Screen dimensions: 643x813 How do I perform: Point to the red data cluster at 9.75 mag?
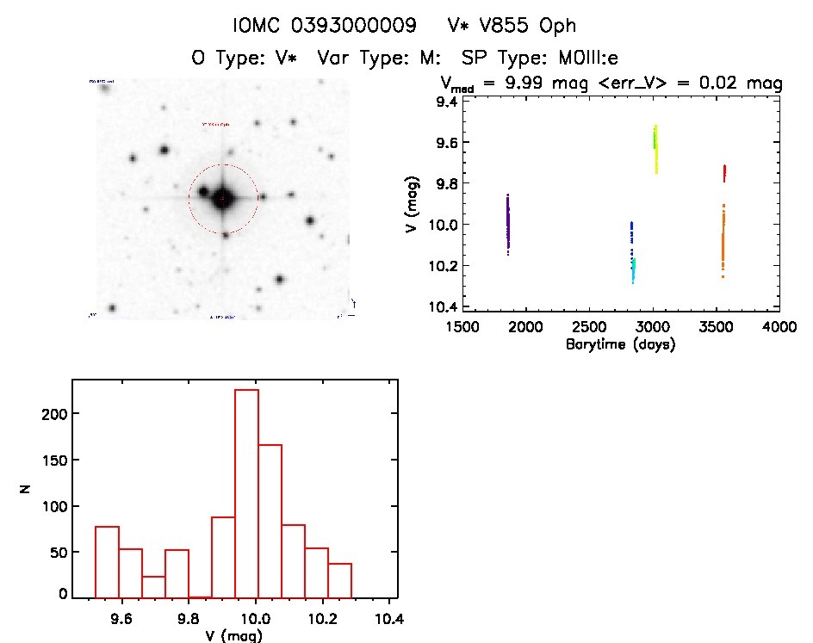(x=724, y=173)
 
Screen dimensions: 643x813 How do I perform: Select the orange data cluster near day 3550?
(x=723, y=241)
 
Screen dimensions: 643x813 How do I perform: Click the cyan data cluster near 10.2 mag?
(x=633, y=269)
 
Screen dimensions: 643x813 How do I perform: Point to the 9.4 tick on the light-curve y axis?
(x=447, y=102)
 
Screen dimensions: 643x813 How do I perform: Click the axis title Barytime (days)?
(x=620, y=344)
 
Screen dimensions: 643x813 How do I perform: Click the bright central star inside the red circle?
(x=222, y=198)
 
